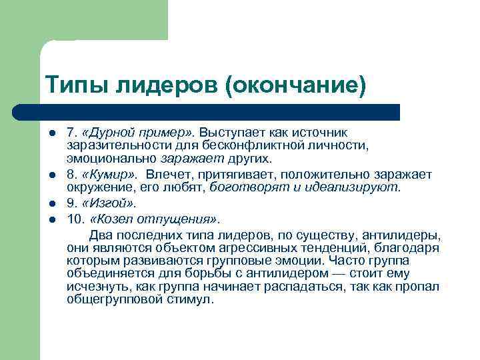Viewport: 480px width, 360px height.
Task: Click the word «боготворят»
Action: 241,189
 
